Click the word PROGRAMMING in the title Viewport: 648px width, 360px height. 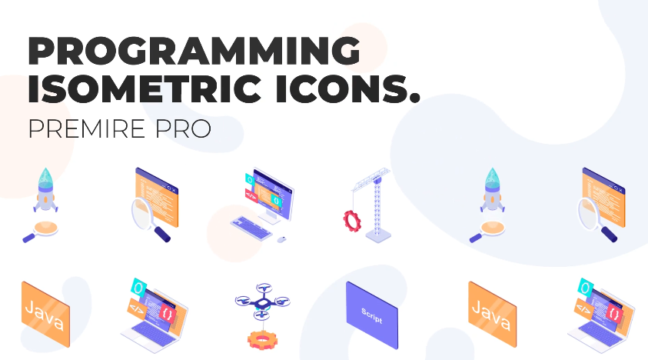194,51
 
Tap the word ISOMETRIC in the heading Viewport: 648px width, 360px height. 145,88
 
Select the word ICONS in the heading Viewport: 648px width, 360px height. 340,88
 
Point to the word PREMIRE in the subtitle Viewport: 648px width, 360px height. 87,128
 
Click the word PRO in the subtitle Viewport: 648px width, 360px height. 183,128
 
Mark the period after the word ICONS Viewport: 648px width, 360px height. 414,98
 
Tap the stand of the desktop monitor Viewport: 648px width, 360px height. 271,216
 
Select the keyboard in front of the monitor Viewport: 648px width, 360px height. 251,228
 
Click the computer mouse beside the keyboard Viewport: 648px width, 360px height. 281,239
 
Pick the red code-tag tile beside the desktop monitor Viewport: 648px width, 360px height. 251,195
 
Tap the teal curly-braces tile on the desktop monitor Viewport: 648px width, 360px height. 276,201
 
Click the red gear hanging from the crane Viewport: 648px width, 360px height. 352,220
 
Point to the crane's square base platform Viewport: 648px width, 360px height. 378,237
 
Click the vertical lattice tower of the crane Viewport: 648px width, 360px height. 377,207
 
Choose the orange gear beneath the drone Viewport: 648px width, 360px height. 262,340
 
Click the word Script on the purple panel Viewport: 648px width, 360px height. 371,315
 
